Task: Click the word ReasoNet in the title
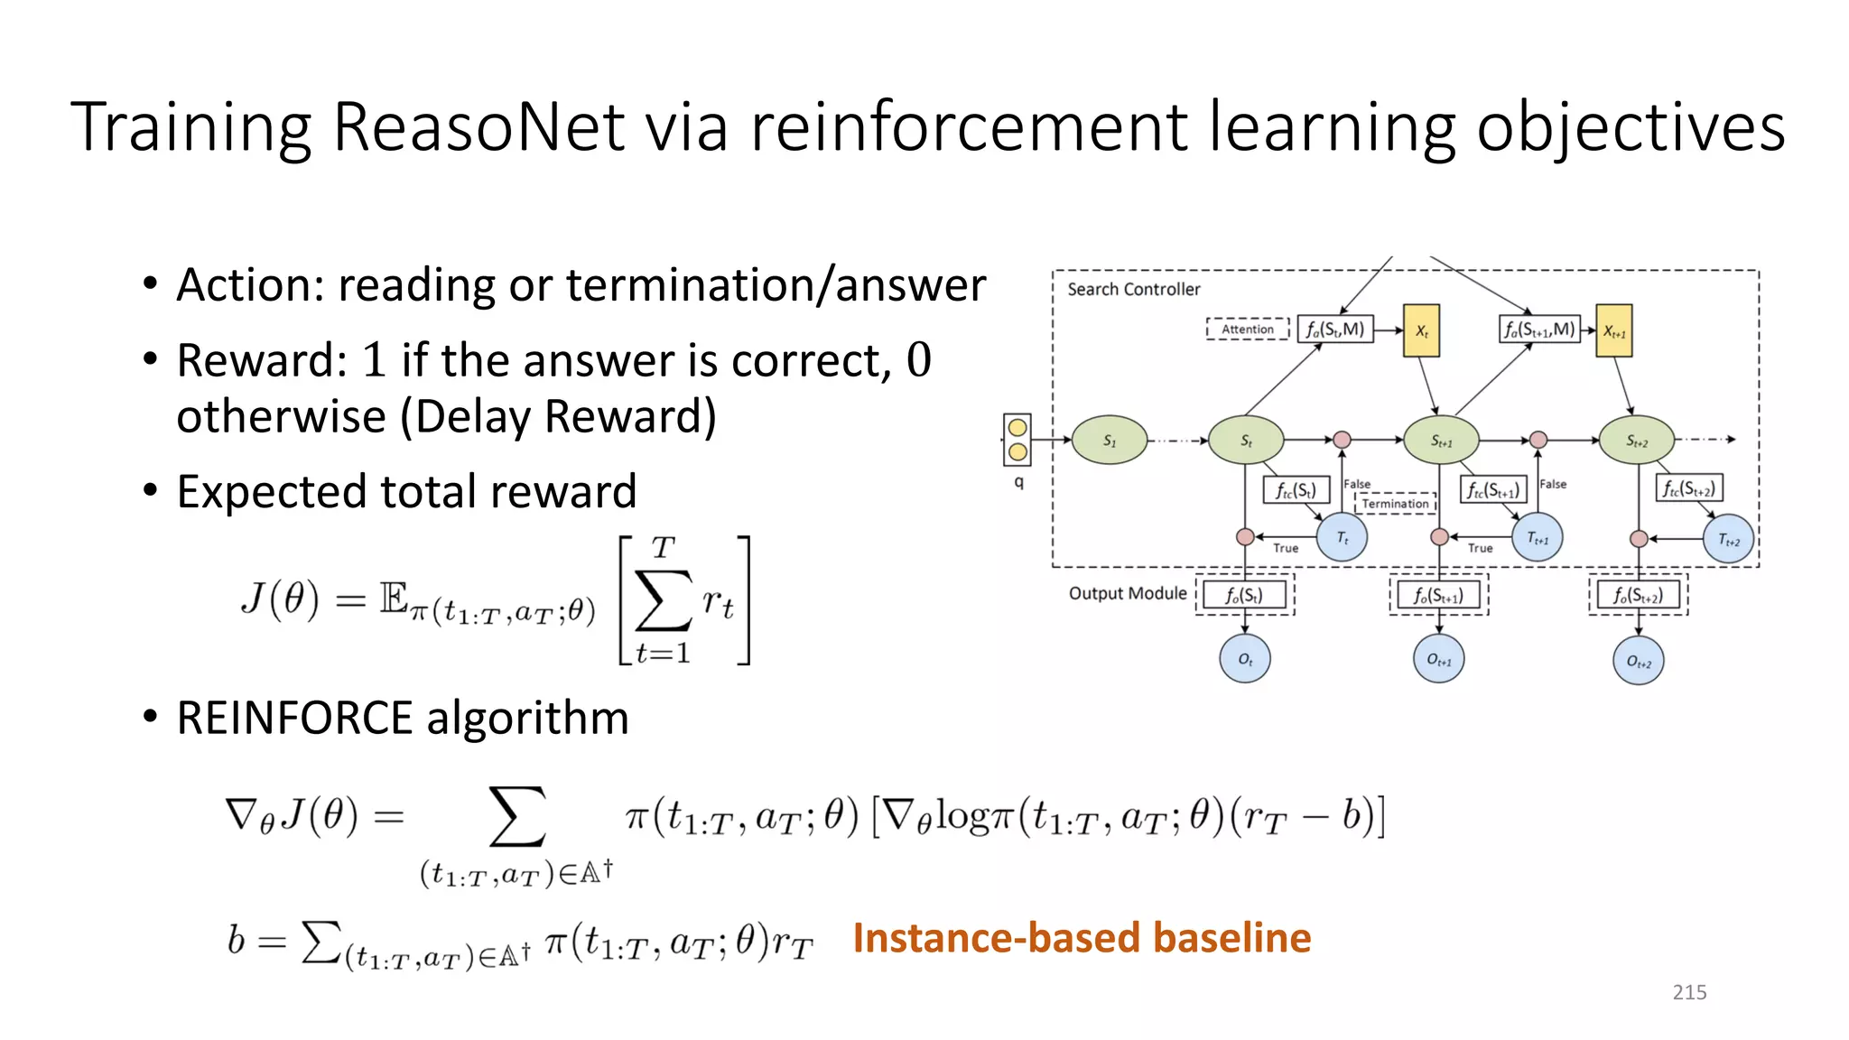tap(479, 127)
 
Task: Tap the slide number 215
tap(1689, 992)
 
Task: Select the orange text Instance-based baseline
tap(1082, 938)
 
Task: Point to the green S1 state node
tap(1110, 441)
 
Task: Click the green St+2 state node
tap(1637, 441)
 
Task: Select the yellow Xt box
tap(1421, 330)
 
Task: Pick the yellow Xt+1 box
tap(1614, 331)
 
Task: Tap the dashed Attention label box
tap(1248, 330)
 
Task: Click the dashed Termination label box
tap(1395, 503)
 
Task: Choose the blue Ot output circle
tap(1245, 659)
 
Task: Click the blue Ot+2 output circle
tap(1638, 662)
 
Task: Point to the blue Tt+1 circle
tap(1537, 538)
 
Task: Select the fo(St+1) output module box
tap(1438, 596)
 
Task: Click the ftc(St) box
tap(1296, 490)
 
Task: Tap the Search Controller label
tap(1134, 290)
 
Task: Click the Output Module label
tap(1128, 593)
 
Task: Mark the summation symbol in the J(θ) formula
tap(664, 600)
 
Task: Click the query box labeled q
tap(1017, 440)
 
